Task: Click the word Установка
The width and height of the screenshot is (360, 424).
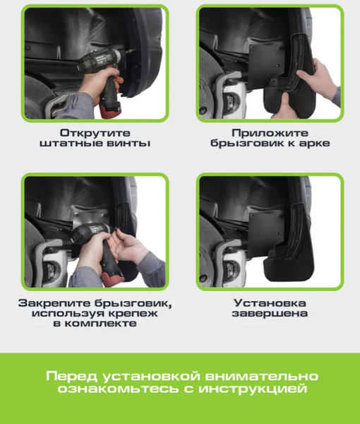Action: tap(270, 302)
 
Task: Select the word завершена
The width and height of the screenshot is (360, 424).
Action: tap(270, 313)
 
